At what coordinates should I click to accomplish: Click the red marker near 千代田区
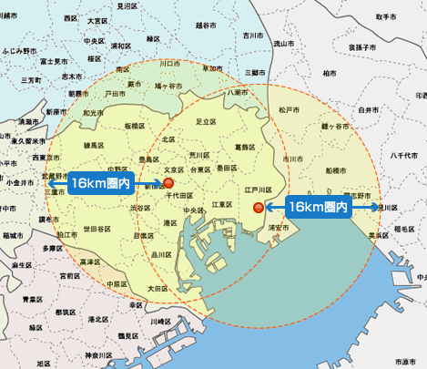point(168,182)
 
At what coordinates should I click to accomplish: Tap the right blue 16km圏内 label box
point(318,207)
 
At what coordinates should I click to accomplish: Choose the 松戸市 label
point(290,109)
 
